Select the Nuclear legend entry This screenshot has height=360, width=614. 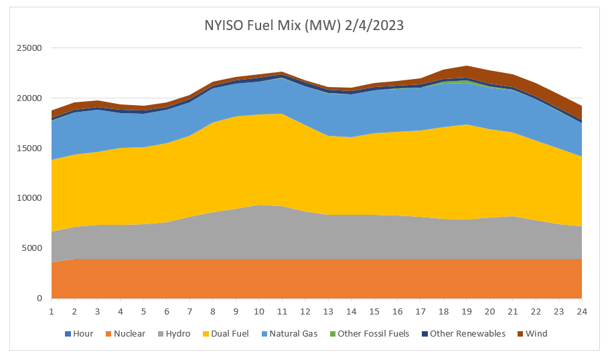pyautogui.click(x=129, y=333)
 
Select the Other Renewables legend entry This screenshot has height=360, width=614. pyautogui.click(x=467, y=333)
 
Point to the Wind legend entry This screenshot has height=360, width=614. pyautogui.click(x=536, y=333)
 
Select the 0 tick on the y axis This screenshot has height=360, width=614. pyautogui.click(x=40, y=298)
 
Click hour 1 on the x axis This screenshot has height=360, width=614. pyautogui.click(x=52, y=311)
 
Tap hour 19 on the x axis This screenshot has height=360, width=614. pyautogui.click(x=466, y=311)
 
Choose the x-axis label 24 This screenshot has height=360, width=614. pyautogui.click(x=581, y=311)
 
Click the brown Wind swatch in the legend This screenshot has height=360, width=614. pyautogui.click(x=520, y=333)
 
